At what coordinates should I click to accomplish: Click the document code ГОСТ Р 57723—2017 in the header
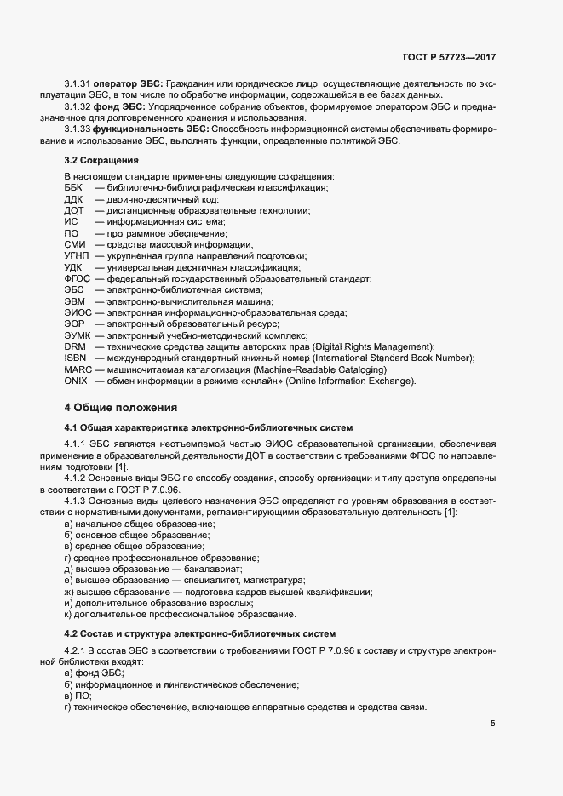(x=449, y=57)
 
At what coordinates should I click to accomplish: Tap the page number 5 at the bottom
(x=492, y=724)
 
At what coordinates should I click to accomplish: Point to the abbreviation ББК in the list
(x=74, y=187)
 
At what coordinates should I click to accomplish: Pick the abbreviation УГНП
(x=77, y=255)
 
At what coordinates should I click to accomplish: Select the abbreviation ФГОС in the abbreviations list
(x=78, y=278)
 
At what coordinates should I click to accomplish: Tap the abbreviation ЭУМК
(x=78, y=335)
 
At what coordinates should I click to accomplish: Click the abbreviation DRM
(x=75, y=346)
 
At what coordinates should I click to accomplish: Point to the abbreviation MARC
(x=78, y=369)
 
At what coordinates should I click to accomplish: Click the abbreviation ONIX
(x=76, y=381)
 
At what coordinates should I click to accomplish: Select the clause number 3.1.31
(x=78, y=85)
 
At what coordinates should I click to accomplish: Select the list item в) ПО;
(x=78, y=696)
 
